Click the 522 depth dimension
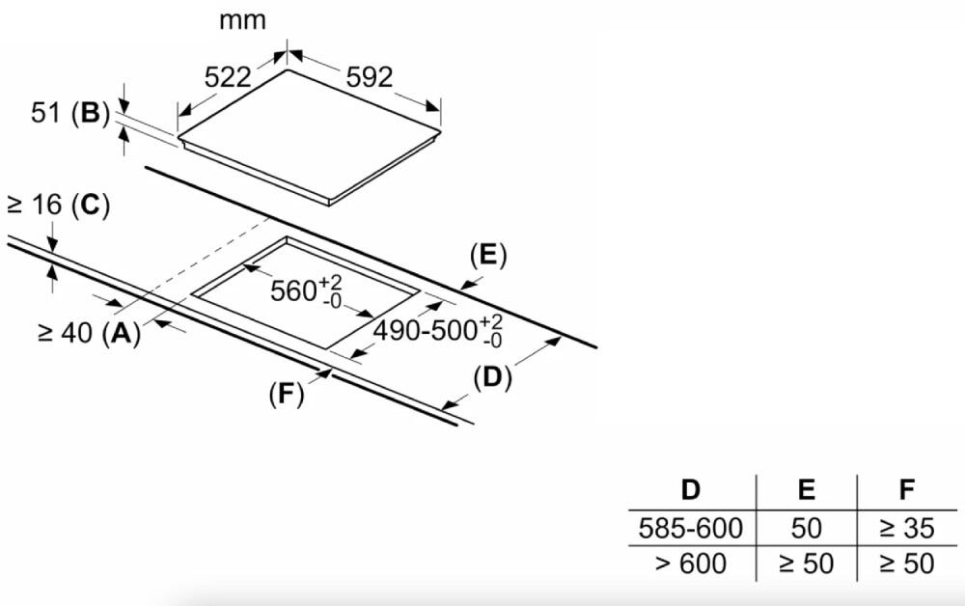coord(228,77)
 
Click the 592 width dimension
coord(370,77)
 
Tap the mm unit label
coord(242,21)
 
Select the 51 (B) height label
coord(70,113)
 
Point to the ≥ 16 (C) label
coord(59,205)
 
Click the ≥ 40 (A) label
coord(89,333)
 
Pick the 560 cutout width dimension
coord(306,291)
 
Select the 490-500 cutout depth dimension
coord(438,331)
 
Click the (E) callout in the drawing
coord(488,256)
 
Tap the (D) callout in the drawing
coord(492,377)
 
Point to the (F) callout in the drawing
coord(287,394)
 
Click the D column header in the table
coord(691,490)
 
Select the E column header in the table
coord(806,490)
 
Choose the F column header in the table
coord(906,490)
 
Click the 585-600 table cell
coord(691,529)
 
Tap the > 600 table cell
coord(691,564)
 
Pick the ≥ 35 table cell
coord(906,529)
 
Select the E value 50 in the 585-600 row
coord(806,529)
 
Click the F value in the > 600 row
coord(906,564)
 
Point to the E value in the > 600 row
coord(806,564)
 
